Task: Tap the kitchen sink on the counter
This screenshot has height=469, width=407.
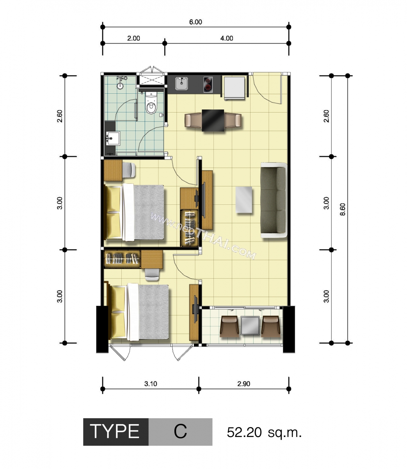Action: [x=182, y=83]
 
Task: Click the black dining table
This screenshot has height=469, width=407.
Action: [x=213, y=120]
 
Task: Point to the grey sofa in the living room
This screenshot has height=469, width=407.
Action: [x=274, y=200]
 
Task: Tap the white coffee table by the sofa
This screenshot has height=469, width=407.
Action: [x=244, y=200]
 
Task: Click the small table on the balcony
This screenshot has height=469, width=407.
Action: [x=250, y=326]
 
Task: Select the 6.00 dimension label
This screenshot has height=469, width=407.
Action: [x=196, y=22]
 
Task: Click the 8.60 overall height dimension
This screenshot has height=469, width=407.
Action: [x=343, y=209]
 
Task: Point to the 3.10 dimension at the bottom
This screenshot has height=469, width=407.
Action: [x=151, y=384]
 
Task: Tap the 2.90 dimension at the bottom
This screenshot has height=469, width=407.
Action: [x=243, y=384]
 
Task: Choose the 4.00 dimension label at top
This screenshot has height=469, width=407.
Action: [x=227, y=38]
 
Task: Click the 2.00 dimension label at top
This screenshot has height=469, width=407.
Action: [x=133, y=38]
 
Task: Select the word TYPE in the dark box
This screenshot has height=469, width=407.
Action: [x=115, y=431]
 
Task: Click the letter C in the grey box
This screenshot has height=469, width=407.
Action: [x=180, y=431]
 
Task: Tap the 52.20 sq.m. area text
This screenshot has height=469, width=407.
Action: [x=264, y=433]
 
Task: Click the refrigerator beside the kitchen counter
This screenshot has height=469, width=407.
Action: [x=234, y=88]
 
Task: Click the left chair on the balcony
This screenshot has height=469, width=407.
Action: [x=229, y=327]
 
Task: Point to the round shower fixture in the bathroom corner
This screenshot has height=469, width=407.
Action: [x=120, y=86]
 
